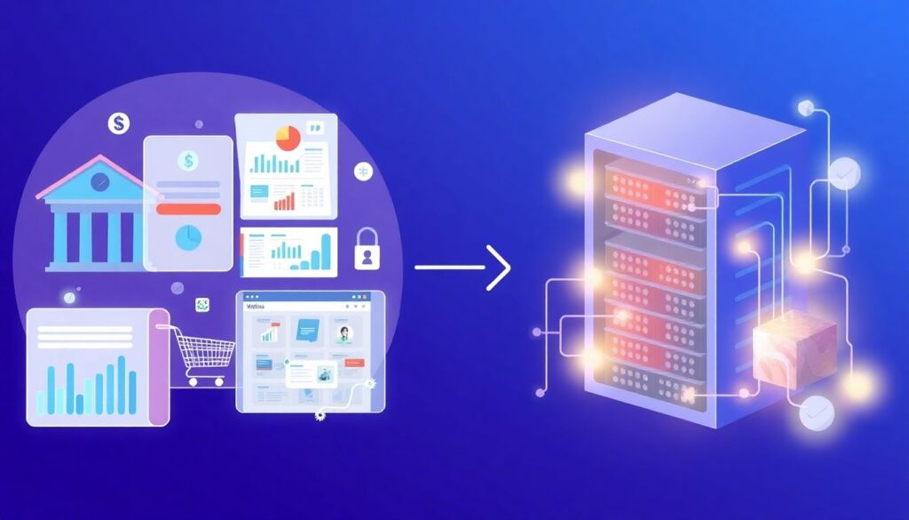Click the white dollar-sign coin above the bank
[x=119, y=124]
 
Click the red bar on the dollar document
[x=187, y=209]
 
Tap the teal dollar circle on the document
[x=187, y=161]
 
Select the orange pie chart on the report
[x=288, y=138]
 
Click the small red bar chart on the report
[x=284, y=201]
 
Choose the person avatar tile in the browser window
[x=343, y=334]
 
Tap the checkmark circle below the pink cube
[x=816, y=412]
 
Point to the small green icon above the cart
[x=202, y=305]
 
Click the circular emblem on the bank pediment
[x=100, y=180]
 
